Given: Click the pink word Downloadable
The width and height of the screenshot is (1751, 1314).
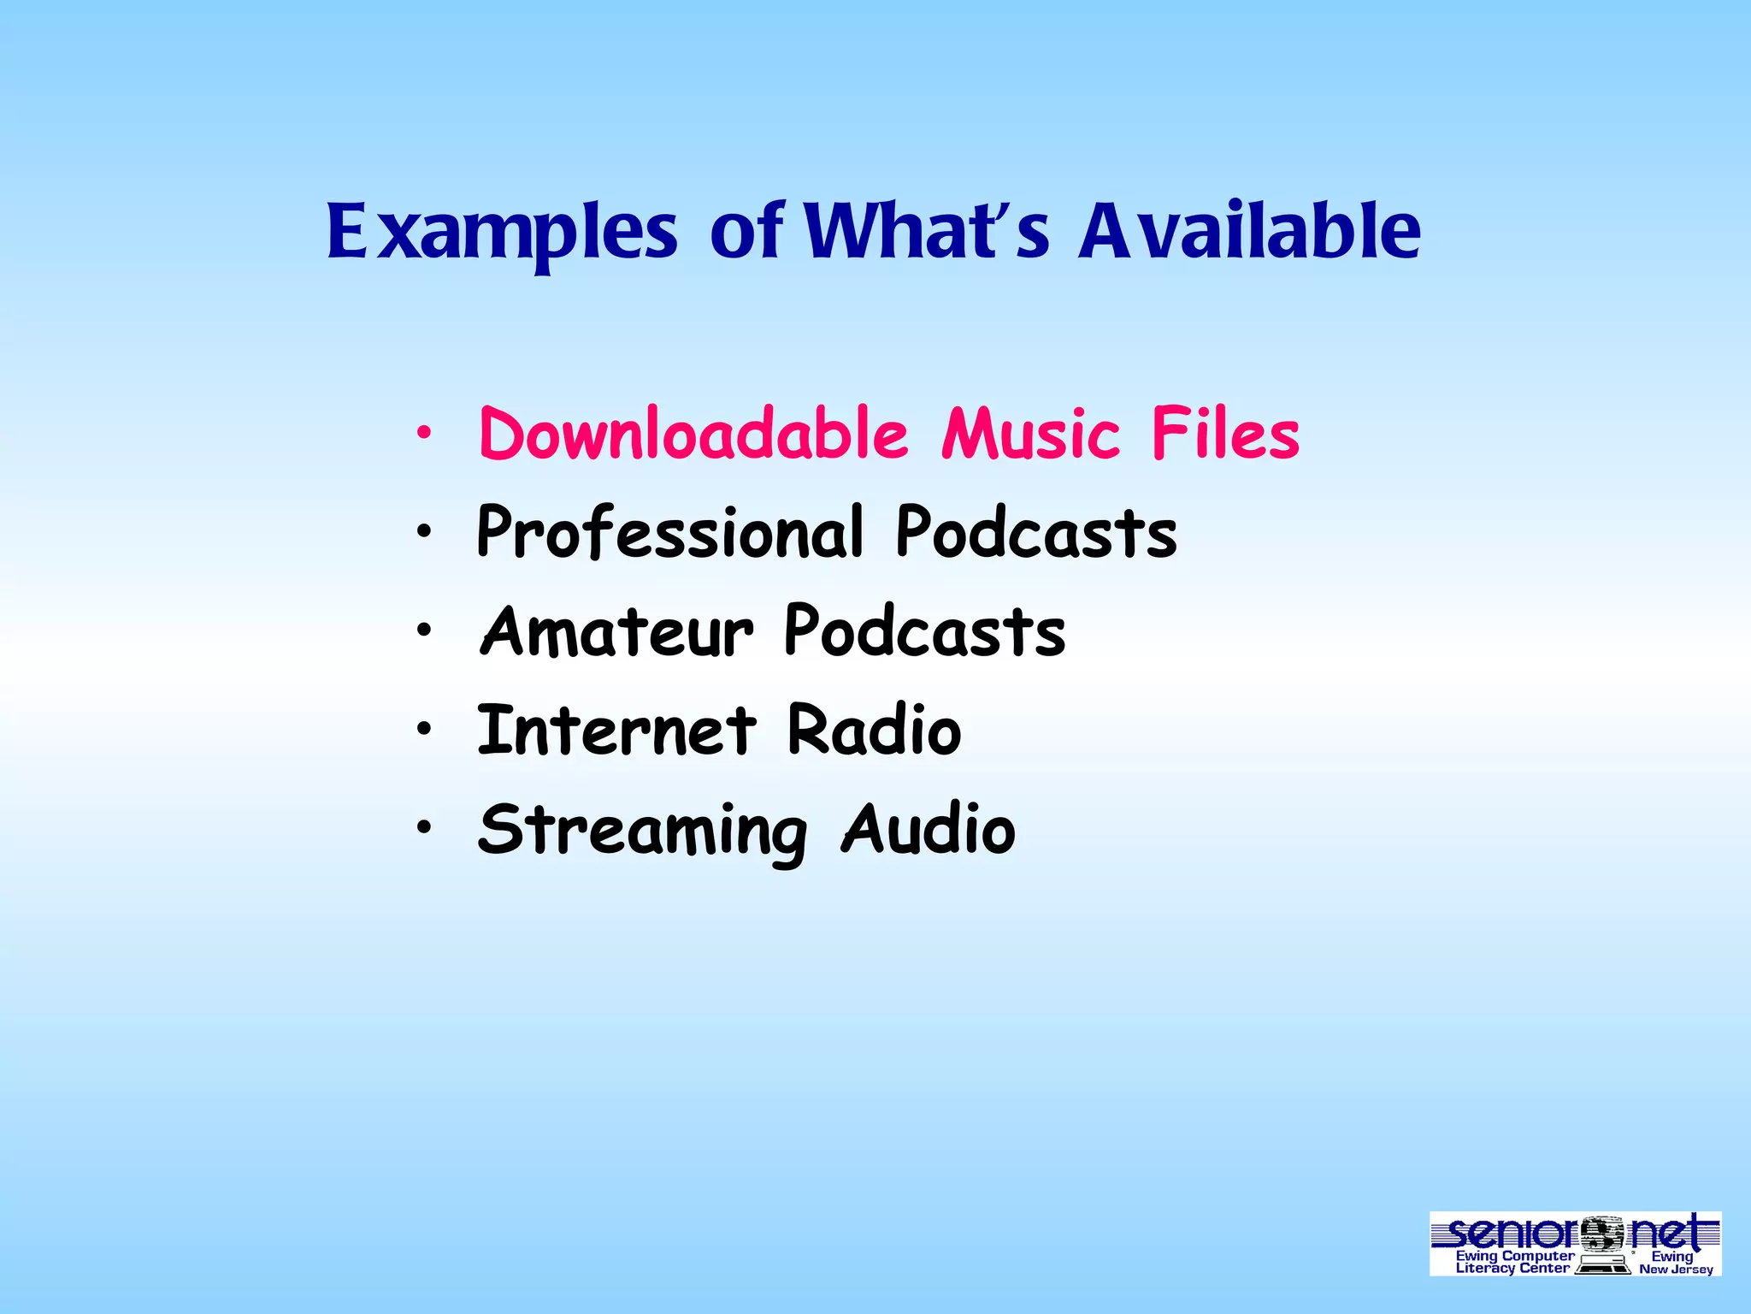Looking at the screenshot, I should pos(693,434).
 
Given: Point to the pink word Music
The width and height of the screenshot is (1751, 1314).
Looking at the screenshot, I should pos(1030,434).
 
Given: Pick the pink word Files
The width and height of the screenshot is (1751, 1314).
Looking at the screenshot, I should pos(1224,434).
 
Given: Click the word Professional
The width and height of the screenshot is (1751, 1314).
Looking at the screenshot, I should pos(670,532).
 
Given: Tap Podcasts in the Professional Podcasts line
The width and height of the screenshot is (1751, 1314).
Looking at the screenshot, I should pos(1036,532).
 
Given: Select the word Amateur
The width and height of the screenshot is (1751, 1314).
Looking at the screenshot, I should pos(617,631).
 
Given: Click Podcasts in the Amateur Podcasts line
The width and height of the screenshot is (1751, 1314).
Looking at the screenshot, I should pos(925,631).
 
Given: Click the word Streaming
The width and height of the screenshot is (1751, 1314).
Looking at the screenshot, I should pos(642,830).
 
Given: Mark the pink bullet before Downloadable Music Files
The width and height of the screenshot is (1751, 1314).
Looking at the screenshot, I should pos(423,435).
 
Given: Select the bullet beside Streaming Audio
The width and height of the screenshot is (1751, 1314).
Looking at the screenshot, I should pos(423,829).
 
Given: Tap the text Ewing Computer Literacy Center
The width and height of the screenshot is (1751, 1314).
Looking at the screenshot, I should pos(1514,1262).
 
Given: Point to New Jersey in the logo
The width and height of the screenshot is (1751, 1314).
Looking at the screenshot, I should pos(1676,1270).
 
